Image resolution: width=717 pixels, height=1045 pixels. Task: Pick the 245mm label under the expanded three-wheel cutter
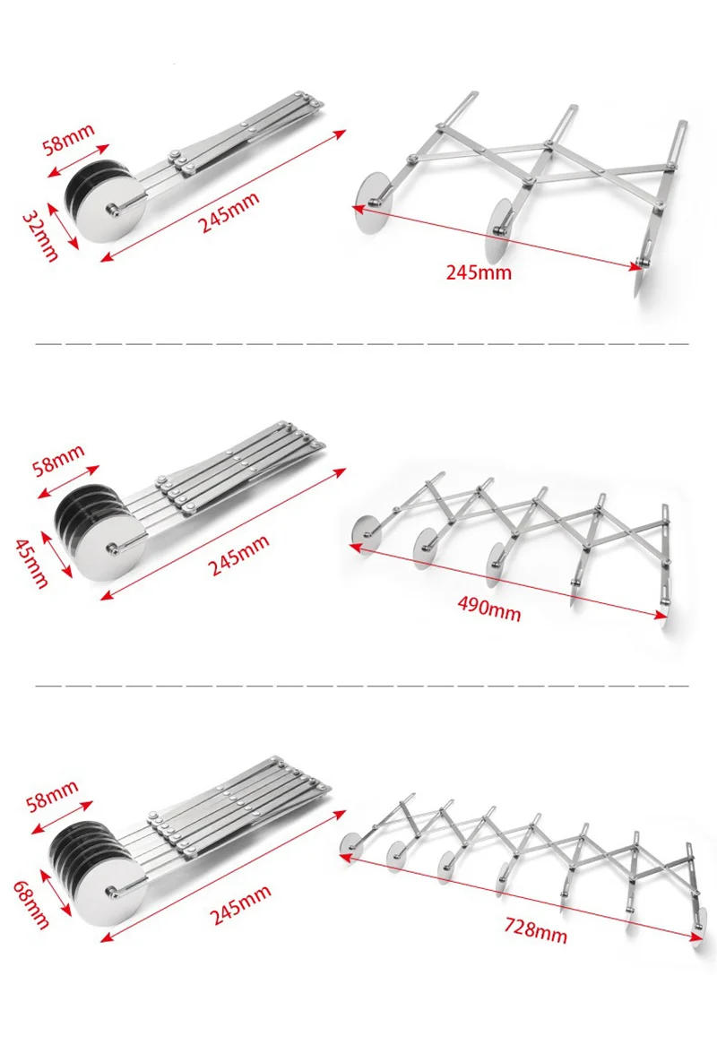(479, 272)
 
